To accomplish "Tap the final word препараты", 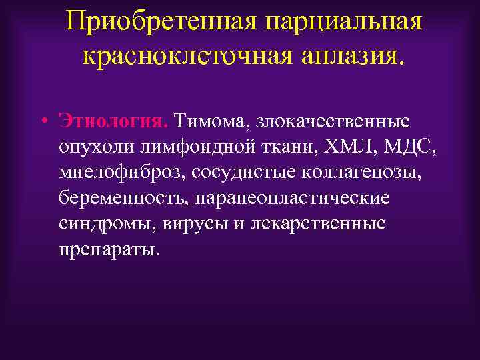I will [109, 249].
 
